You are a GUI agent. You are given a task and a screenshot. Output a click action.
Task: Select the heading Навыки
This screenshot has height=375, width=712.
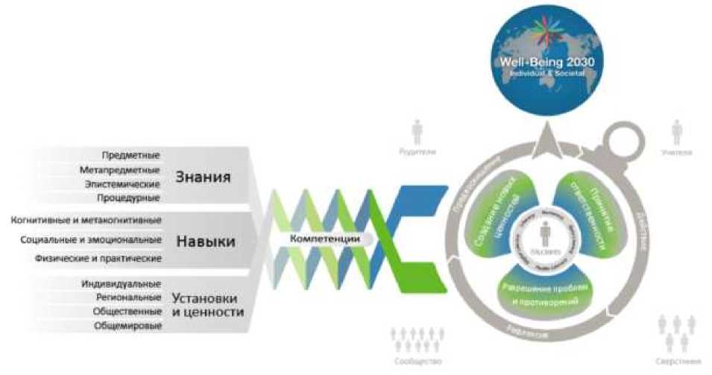coord(206,242)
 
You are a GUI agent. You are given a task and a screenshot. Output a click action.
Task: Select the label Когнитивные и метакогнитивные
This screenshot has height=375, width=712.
coord(86,220)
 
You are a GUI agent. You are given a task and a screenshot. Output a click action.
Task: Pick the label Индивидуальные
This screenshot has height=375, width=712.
coord(121,284)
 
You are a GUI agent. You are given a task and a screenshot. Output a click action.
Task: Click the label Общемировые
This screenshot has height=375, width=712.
coord(127,326)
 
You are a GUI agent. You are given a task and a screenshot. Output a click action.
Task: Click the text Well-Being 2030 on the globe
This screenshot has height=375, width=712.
coord(548,64)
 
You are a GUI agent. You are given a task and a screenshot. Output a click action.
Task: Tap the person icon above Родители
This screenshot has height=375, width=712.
coord(417,132)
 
